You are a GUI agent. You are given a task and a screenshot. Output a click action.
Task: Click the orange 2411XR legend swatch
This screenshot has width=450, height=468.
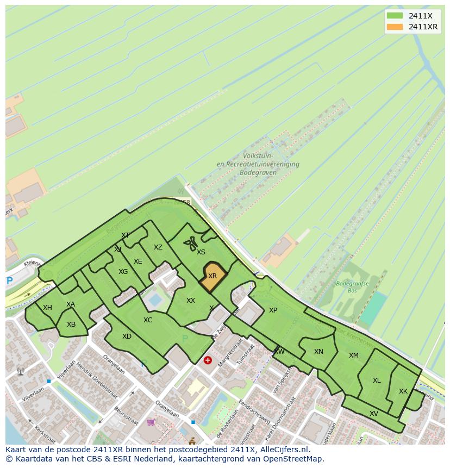[x=395, y=27]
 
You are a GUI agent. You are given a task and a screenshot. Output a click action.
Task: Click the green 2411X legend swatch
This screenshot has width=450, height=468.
[x=395, y=16]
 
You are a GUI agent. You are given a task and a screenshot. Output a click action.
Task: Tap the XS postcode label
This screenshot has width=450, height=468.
[x=201, y=252]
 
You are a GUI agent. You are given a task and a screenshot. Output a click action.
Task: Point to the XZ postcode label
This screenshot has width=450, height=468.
[x=158, y=247]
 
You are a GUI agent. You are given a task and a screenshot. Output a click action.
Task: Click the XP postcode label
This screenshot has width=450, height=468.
[x=273, y=310]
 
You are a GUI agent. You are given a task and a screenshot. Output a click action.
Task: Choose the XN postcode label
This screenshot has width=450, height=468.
[x=318, y=352]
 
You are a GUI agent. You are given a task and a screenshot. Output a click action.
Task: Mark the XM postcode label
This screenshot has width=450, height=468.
[x=354, y=355]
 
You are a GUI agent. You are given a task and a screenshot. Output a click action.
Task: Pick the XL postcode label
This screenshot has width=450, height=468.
[x=377, y=380]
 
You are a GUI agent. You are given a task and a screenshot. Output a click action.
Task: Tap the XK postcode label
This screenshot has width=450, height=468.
[x=403, y=391]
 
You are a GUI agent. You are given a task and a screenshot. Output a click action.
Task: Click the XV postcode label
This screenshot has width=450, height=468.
[x=374, y=414]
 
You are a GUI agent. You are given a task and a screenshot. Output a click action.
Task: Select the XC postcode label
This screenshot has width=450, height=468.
[x=148, y=320]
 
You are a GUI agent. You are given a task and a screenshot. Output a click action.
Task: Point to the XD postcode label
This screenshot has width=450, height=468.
[x=127, y=336]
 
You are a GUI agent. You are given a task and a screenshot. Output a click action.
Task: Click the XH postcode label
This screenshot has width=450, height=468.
[x=47, y=308]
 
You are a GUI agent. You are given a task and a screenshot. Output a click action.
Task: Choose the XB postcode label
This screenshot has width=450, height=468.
[x=71, y=325]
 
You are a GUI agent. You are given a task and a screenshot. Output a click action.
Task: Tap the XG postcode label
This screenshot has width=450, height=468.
[x=123, y=272]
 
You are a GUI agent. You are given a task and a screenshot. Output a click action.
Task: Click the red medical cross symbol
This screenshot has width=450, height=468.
[x=208, y=360]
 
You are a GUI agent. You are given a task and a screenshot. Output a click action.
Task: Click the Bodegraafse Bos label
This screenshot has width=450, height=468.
[x=352, y=287]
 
